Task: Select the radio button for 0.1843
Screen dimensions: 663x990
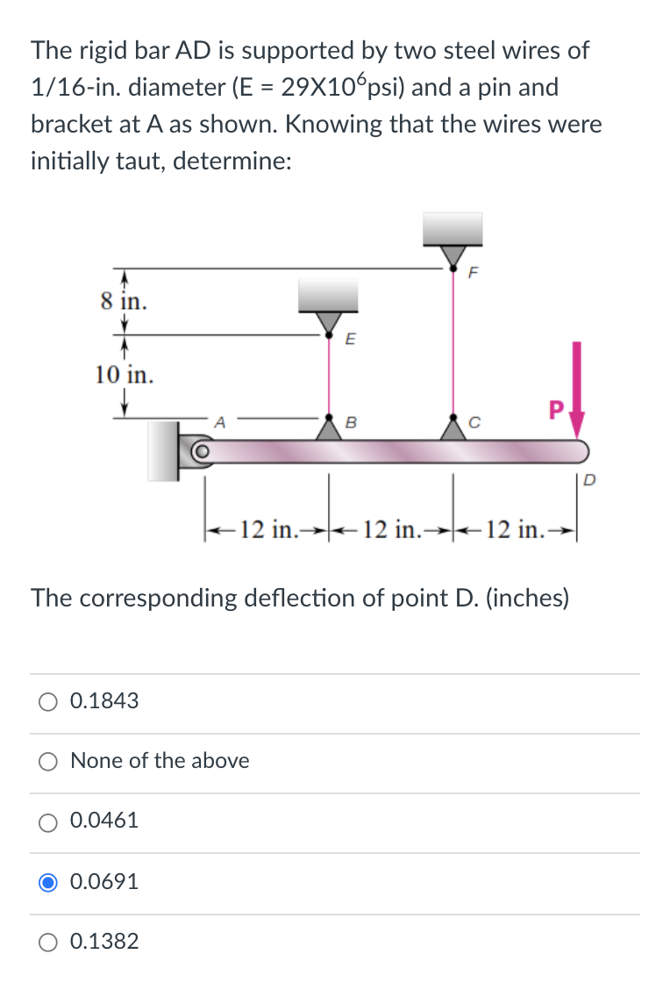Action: [49, 700]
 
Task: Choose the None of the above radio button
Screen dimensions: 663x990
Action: [49, 760]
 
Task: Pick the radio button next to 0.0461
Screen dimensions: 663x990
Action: [49, 821]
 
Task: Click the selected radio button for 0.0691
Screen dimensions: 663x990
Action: [49, 881]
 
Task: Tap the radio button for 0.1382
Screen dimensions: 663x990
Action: [49, 942]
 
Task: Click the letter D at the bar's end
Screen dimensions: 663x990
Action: [588, 479]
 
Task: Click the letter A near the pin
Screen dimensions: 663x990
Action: [221, 421]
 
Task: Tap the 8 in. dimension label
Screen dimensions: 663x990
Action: [123, 302]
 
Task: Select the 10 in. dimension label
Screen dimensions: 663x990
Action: [124, 375]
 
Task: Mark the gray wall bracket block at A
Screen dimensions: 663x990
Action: [163, 449]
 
